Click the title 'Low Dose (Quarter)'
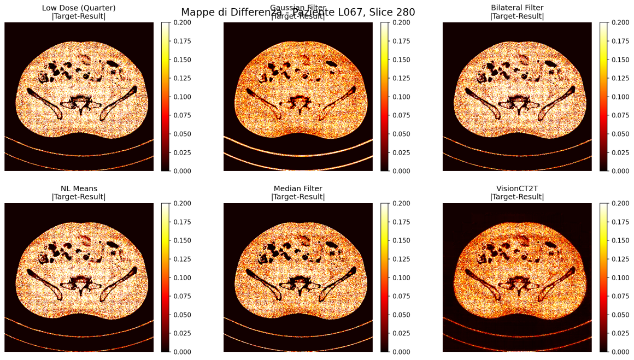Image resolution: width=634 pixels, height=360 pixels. click(x=79, y=7)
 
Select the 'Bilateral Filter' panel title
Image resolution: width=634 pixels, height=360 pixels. click(x=517, y=7)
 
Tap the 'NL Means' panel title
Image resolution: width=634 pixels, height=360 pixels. click(x=79, y=188)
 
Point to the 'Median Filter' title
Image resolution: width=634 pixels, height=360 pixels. click(x=298, y=188)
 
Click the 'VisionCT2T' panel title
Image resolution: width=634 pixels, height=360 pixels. click(x=517, y=188)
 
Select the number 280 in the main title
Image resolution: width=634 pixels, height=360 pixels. click(x=405, y=12)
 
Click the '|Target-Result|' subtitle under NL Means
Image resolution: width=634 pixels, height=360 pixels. click(x=79, y=197)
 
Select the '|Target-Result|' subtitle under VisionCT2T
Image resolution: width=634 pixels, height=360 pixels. click(x=517, y=197)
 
